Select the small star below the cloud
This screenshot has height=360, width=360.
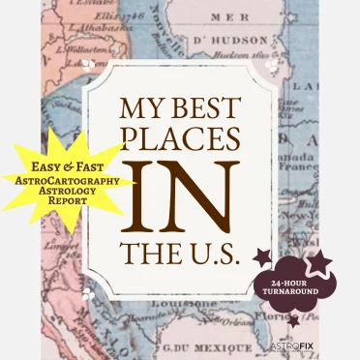[292, 320]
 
